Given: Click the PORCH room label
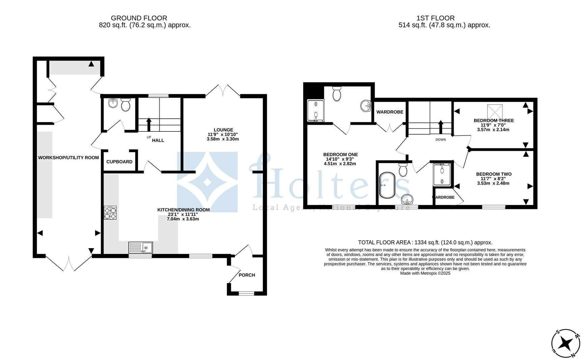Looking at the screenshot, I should (x=247, y=275).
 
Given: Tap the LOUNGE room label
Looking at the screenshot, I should (x=223, y=130).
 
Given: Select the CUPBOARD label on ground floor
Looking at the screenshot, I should (x=119, y=162).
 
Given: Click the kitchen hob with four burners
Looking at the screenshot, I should (x=110, y=213).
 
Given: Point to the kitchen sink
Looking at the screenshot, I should (x=140, y=247).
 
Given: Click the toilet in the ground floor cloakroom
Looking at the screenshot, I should (x=126, y=105).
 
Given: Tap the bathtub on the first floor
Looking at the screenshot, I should (x=387, y=185).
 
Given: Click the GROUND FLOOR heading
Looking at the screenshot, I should (x=139, y=18).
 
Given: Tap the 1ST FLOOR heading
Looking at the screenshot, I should (x=435, y=18).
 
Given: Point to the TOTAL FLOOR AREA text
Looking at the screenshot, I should (x=425, y=242).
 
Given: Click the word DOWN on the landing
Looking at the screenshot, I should (x=441, y=140).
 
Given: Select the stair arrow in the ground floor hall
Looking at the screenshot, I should (x=149, y=123).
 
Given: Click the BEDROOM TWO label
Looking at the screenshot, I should (x=493, y=174).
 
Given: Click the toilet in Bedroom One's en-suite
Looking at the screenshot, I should (x=337, y=94).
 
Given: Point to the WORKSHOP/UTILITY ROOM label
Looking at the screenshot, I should (x=69, y=158).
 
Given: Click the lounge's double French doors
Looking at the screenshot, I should (x=223, y=90).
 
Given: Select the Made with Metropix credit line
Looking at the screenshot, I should (x=425, y=273).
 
